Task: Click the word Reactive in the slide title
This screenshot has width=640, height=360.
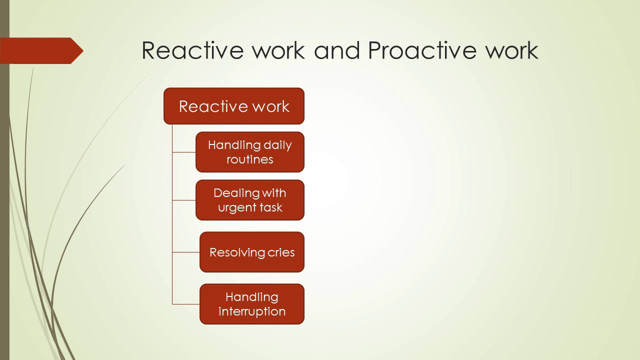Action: tap(191, 50)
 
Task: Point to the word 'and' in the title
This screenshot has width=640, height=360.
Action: tap(336, 50)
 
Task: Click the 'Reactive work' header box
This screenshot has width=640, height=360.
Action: tap(234, 106)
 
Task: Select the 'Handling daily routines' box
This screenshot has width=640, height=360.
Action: tap(250, 152)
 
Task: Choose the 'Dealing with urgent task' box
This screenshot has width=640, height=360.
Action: tap(250, 200)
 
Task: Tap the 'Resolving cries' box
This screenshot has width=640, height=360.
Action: tap(252, 252)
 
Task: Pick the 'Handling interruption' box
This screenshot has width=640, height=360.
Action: tap(252, 304)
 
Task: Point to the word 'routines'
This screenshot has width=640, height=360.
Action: tap(250, 159)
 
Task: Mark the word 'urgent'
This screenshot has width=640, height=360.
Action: tap(236, 207)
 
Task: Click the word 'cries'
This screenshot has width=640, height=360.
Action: tap(281, 252)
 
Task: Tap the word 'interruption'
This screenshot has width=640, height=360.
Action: tap(252, 311)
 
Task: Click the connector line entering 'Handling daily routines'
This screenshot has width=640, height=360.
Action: tap(184, 152)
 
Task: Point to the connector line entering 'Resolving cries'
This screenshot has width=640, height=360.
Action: tap(186, 252)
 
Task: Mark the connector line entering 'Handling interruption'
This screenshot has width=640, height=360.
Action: tap(186, 304)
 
